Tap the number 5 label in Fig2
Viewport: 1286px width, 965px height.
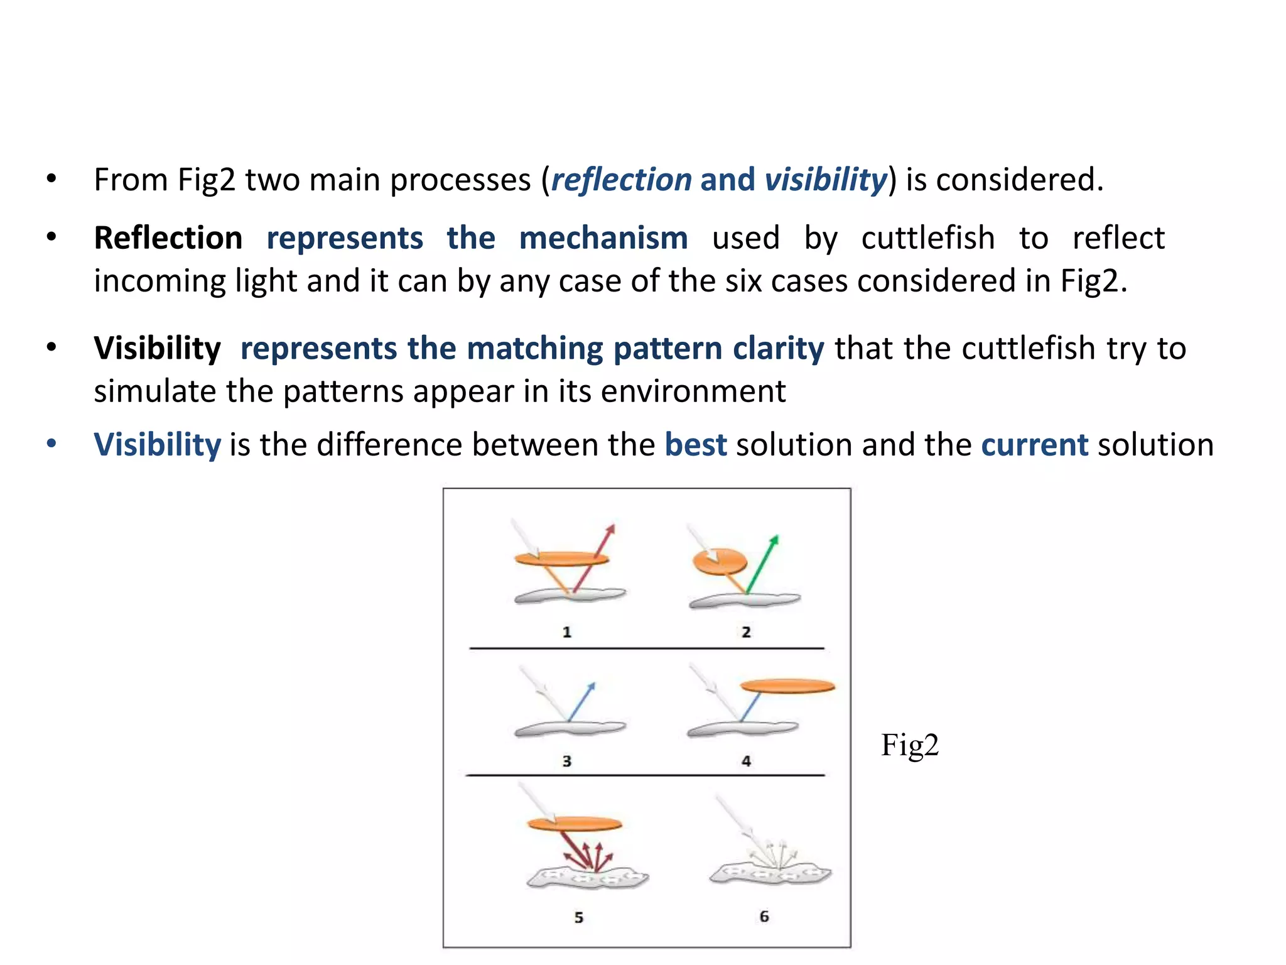coord(578,917)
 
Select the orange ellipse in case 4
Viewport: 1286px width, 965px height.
coord(788,686)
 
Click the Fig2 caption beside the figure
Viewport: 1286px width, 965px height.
coord(909,745)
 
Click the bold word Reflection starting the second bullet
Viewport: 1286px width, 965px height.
coord(168,238)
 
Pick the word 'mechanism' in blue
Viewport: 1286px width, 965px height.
coord(603,238)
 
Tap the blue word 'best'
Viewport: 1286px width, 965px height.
coord(695,445)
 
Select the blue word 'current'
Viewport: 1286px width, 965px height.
coord(1034,445)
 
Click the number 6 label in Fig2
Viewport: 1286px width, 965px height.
coord(764,917)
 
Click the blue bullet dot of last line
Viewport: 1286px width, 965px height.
coord(51,444)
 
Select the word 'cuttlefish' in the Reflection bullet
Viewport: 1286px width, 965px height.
coord(927,238)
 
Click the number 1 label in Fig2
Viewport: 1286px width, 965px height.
coord(566,632)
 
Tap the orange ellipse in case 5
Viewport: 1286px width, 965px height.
coord(575,824)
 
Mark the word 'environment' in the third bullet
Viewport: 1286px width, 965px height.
coord(693,391)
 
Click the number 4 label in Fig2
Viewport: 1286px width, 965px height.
coord(746,761)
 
